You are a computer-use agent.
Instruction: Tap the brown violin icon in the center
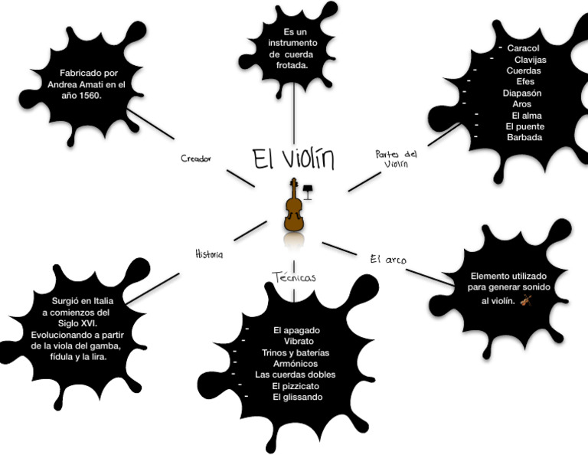tap(292, 205)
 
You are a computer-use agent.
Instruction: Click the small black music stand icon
tap(307, 191)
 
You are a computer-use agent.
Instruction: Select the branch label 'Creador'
tap(196, 159)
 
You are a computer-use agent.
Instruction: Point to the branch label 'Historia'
tap(209, 254)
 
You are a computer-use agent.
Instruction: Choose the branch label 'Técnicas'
tap(294, 277)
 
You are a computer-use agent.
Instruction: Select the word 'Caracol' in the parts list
tap(523, 48)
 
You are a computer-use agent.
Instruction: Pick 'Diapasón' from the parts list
tap(522, 93)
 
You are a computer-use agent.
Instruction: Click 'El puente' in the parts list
tap(525, 126)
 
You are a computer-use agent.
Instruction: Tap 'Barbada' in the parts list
tap(524, 137)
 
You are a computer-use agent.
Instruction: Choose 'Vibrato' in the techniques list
tap(299, 341)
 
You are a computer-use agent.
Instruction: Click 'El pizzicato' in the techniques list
tap(296, 386)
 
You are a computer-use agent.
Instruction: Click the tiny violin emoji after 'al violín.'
tap(526, 300)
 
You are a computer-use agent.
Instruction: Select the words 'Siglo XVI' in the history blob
tap(77, 323)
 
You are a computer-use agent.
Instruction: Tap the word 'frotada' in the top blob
tap(292, 66)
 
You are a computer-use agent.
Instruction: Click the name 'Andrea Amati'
tap(75, 84)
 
